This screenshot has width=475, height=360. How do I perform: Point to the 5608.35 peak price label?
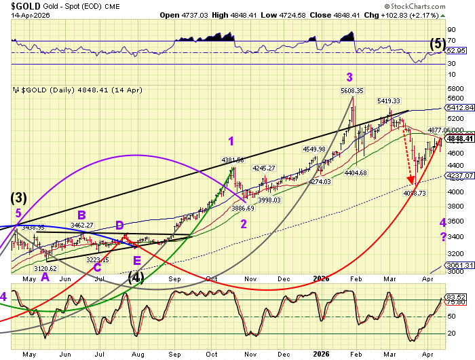tap(352, 90)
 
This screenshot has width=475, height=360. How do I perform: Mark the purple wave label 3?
tap(349, 76)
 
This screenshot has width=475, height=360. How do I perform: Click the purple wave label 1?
tap(231, 141)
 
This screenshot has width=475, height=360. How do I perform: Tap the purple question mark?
tap(442, 236)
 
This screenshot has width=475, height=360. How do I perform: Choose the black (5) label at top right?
tap(438, 43)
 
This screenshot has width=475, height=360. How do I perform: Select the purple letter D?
tap(119, 225)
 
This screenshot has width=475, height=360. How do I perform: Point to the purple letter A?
tap(45, 277)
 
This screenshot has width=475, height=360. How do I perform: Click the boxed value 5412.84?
tap(459, 107)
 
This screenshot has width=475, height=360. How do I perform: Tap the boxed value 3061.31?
tap(459, 265)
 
